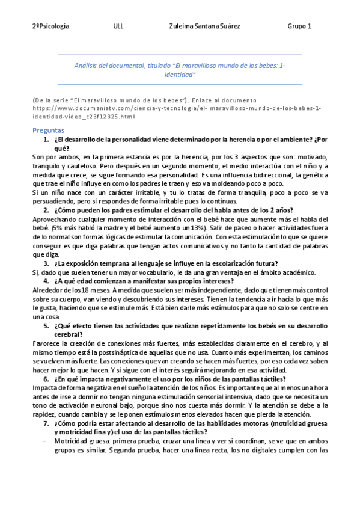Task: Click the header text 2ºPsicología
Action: (x=51, y=26)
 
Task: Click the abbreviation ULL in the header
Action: (x=118, y=26)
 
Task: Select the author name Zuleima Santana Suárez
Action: (x=205, y=26)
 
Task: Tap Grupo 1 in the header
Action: (x=299, y=26)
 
